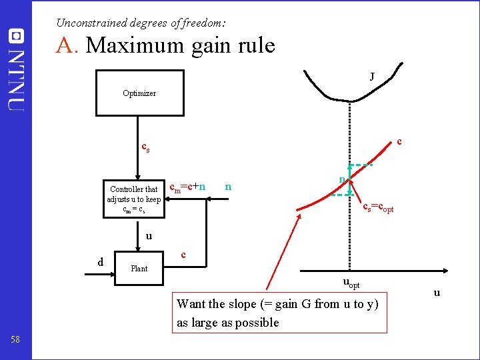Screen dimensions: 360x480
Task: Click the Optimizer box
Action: [139, 93]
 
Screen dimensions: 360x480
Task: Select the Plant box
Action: [139, 268]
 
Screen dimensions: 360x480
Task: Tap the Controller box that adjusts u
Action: [134, 199]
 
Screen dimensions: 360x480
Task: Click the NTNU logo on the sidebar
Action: [16, 70]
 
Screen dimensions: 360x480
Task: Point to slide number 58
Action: [15, 340]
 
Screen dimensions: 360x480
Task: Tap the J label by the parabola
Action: [371, 77]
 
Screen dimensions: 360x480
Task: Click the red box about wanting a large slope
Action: [279, 313]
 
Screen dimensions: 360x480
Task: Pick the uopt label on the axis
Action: [351, 283]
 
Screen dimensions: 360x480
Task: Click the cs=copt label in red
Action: [378, 208]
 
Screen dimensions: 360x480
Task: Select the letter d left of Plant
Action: [101, 261]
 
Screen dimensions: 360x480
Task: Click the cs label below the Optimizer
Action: [145, 147]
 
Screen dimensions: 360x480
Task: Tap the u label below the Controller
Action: [149, 235]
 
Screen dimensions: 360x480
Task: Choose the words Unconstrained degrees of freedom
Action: [140, 23]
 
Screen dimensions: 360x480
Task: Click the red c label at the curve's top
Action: [399, 141]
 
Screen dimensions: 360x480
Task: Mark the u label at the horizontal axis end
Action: [437, 293]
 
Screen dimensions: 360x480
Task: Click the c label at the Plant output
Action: [184, 255]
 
